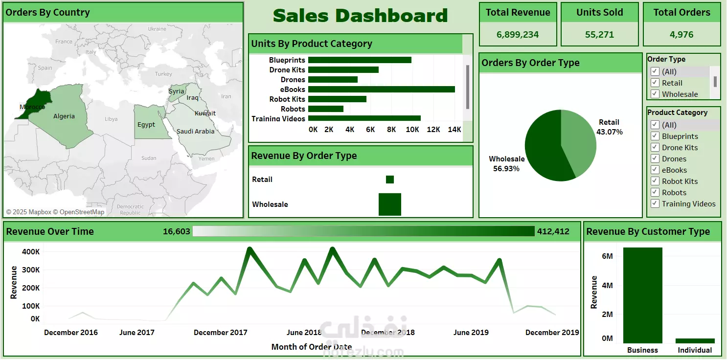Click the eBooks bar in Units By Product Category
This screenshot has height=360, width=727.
click(x=382, y=90)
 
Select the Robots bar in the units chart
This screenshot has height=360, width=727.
click(x=326, y=109)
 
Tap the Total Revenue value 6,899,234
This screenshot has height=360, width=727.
click(x=518, y=35)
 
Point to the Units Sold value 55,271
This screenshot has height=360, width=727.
click(x=599, y=35)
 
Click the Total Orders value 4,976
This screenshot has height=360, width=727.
click(x=682, y=35)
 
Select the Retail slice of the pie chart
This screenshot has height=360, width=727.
click(x=580, y=142)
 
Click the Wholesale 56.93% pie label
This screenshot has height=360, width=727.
click(x=506, y=164)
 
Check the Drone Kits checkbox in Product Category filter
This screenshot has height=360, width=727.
click(x=655, y=148)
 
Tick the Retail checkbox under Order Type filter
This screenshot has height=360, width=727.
click(x=655, y=83)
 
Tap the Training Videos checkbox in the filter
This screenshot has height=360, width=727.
click(x=655, y=204)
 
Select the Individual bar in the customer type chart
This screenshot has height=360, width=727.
click(x=695, y=341)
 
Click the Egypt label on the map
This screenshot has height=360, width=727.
click(x=146, y=125)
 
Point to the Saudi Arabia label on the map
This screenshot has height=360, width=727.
click(x=195, y=131)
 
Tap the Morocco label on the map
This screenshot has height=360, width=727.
click(x=32, y=107)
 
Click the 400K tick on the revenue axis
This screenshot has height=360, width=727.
click(x=31, y=252)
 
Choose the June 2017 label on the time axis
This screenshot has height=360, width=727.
click(x=137, y=333)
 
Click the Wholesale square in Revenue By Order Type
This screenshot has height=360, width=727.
click(x=390, y=204)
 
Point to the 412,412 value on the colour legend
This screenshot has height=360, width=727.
click(x=553, y=231)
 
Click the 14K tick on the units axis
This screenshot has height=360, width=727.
click(x=454, y=130)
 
